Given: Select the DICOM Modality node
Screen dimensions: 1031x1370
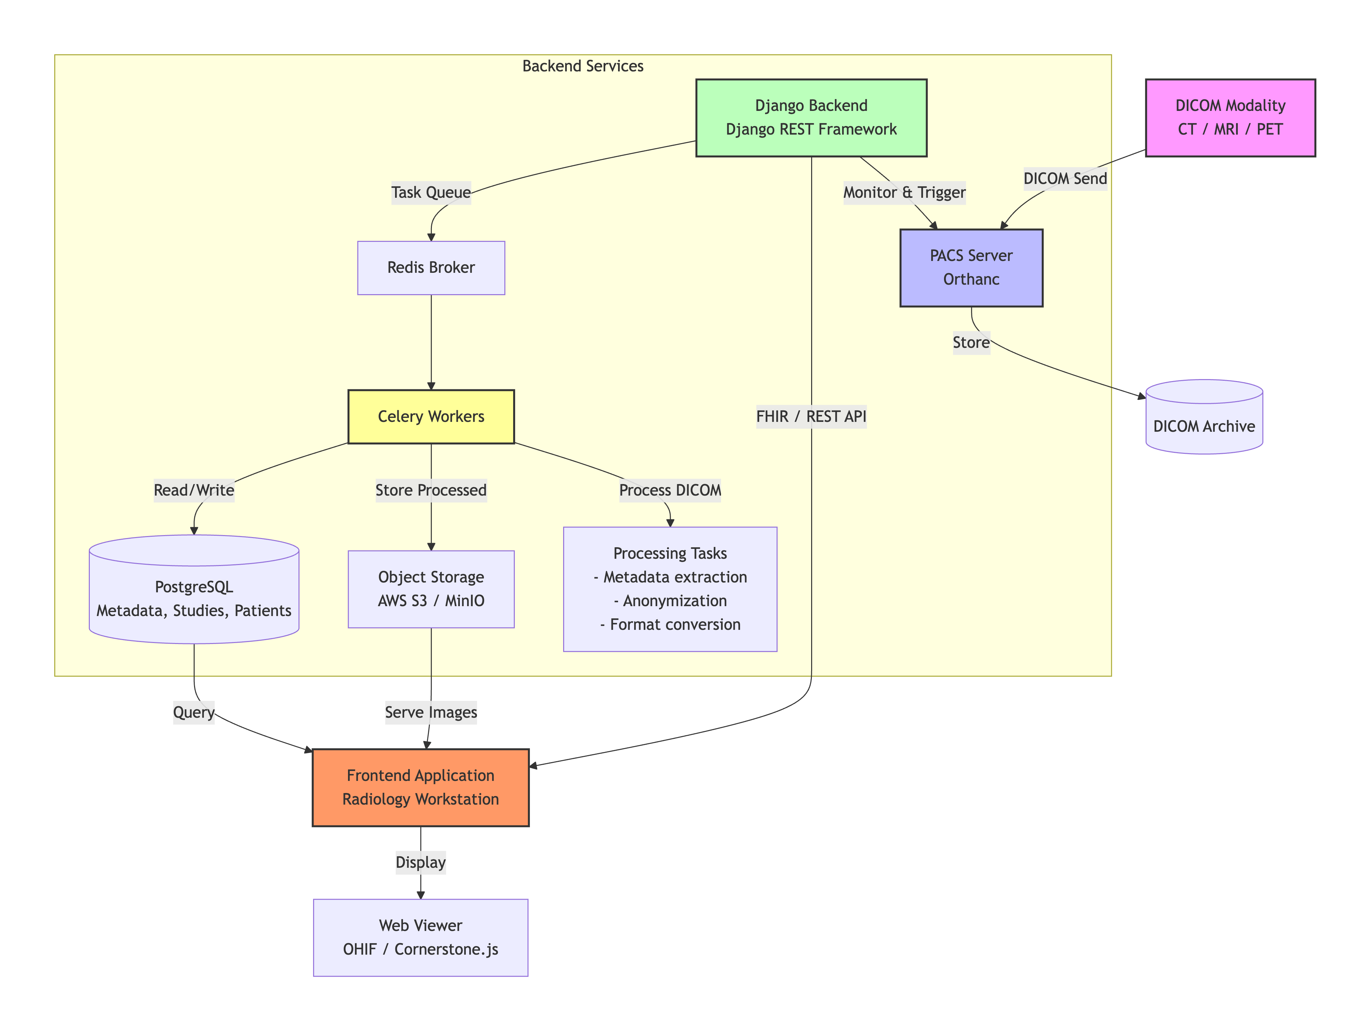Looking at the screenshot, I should pyautogui.click(x=1230, y=118).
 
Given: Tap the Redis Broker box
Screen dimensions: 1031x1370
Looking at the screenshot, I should pyautogui.click(x=431, y=268).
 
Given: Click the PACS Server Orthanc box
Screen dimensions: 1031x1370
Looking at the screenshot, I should pyautogui.click(x=971, y=268).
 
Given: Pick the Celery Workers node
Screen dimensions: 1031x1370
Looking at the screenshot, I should pyautogui.click(x=431, y=416).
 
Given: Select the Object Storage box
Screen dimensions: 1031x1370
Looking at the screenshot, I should pyautogui.click(x=431, y=589).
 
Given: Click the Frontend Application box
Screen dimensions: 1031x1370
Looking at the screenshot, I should pyautogui.click(x=420, y=787).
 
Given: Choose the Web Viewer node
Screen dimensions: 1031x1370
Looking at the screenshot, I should pyautogui.click(x=420, y=937).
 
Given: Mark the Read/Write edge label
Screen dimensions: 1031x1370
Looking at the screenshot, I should pyautogui.click(x=194, y=490).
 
